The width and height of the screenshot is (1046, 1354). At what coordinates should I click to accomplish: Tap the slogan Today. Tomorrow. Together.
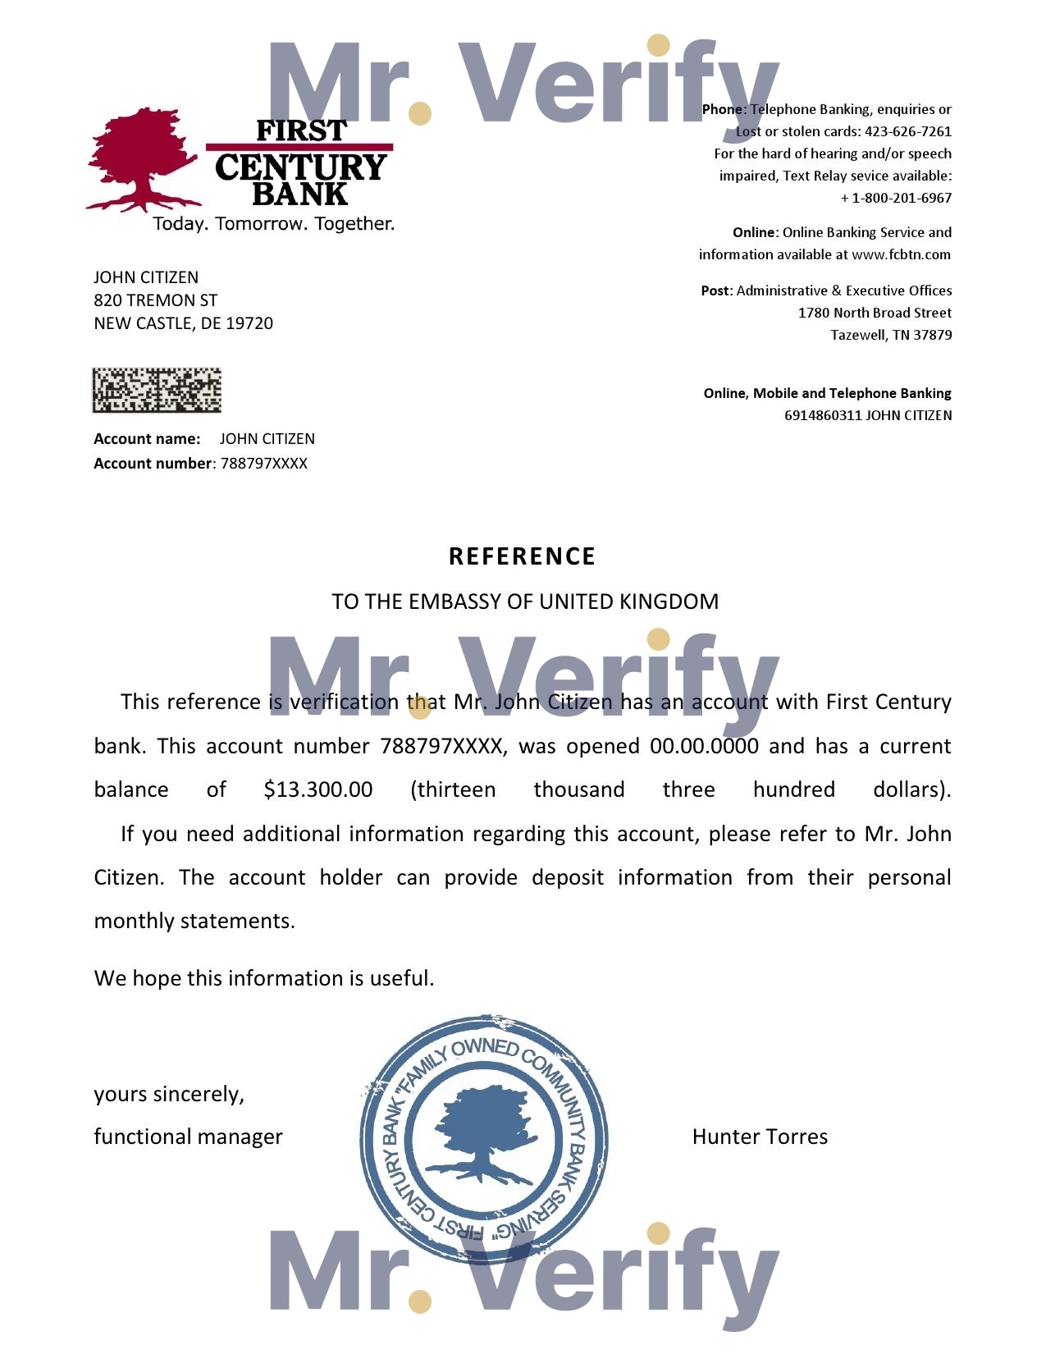(x=273, y=223)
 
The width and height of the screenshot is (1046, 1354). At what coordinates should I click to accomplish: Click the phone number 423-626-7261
(x=908, y=131)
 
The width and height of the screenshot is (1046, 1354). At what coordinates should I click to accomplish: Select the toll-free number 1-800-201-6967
(x=902, y=198)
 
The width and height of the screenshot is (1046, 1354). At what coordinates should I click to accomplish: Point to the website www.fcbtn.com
(x=901, y=254)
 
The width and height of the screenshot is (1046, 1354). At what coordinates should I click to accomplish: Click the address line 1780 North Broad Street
(x=875, y=313)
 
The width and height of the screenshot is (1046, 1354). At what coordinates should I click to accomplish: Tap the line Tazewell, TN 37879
(x=891, y=335)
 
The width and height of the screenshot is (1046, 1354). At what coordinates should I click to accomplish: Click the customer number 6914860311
(x=823, y=415)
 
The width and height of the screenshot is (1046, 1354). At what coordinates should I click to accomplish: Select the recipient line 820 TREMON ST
(x=156, y=300)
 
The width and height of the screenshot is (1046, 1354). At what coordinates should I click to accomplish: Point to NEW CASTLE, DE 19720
(x=184, y=323)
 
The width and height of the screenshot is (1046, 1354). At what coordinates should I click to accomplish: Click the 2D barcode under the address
(x=157, y=390)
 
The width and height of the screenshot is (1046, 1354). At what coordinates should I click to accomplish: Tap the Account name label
(x=147, y=439)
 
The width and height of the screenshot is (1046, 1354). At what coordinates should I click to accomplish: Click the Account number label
(x=153, y=464)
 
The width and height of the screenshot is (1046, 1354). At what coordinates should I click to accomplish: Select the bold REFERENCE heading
(x=523, y=556)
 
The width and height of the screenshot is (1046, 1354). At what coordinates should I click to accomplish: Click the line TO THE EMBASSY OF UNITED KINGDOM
(x=525, y=602)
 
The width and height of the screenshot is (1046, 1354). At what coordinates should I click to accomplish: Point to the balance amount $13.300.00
(x=318, y=789)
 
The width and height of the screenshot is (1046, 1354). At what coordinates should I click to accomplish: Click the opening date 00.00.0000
(x=704, y=746)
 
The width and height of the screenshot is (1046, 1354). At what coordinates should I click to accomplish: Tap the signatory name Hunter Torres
(x=760, y=1137)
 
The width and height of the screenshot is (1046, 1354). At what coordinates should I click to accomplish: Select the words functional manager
(x=189, y=1137)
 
